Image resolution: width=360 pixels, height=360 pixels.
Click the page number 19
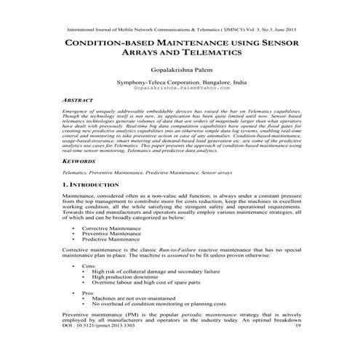click(x=298, y=347)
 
